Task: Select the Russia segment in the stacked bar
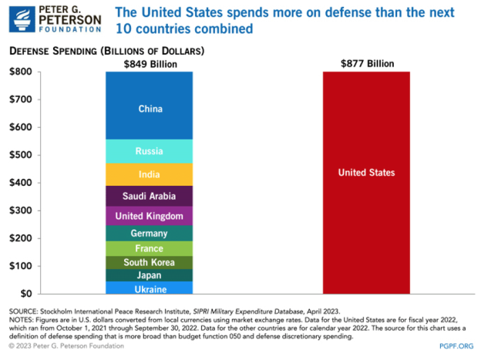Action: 150,151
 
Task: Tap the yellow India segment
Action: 150,174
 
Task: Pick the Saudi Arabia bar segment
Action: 150,196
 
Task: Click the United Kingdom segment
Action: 150,216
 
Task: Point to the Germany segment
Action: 150,234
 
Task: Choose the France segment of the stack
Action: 150,248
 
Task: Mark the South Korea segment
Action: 150,262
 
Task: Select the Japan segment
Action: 150,275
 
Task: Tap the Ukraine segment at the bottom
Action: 150,288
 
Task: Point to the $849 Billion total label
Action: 150,64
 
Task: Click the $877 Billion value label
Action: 366,64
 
